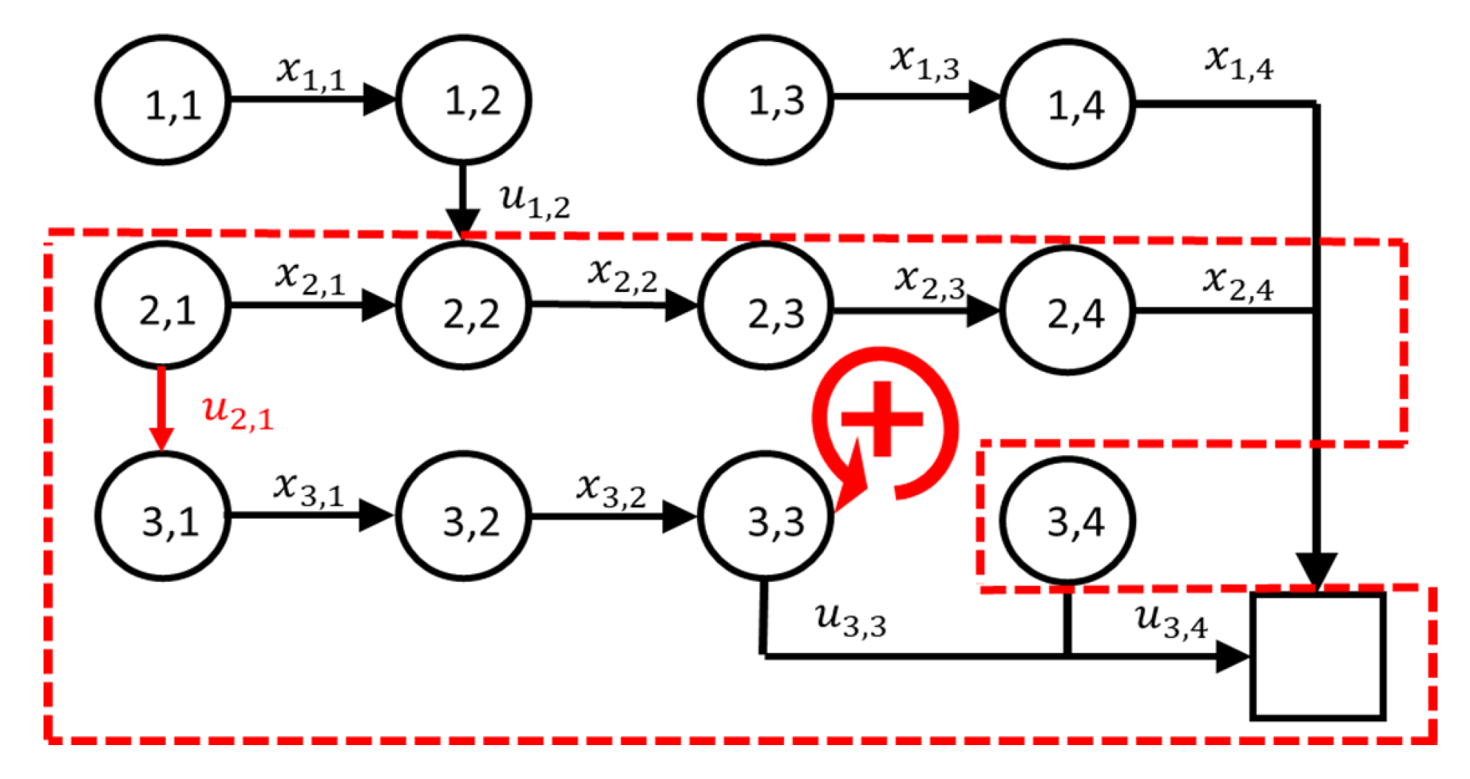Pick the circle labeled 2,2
coord(464,305)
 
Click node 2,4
coord(1067,310)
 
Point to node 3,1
coord(163,516)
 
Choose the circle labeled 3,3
coord(765,516)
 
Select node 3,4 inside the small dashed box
coord(1067,520)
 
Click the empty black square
coord(1317,655)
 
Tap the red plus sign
coord(882,419)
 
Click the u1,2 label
coord(535,201)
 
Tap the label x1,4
coord(1239,62)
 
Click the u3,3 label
coord(850,620)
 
